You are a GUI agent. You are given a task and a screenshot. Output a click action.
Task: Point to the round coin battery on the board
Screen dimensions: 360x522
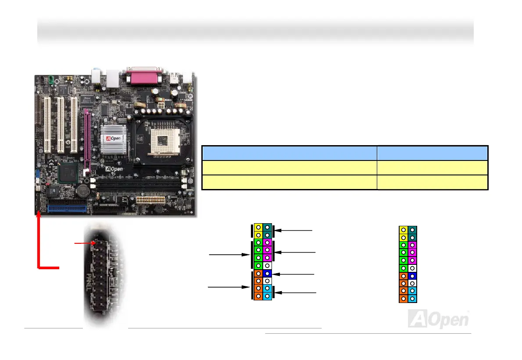pyautogui.click(x=82, y=191)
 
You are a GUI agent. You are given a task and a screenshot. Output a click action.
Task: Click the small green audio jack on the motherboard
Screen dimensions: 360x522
pyautogui.click(x=50, y=80)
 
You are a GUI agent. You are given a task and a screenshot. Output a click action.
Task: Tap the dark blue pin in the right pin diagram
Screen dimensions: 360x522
pyautogui.click(x=412, y=276)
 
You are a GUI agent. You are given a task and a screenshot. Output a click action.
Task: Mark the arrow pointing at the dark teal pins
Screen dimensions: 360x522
pyautogui.click(x=294, y=229)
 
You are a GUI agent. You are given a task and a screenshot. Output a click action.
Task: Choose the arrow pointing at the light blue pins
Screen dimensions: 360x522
pyautogui.click(x=295, y=292)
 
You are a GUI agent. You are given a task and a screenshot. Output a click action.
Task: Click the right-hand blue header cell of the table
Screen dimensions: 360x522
pyautogui.click(x=432, y=153)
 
